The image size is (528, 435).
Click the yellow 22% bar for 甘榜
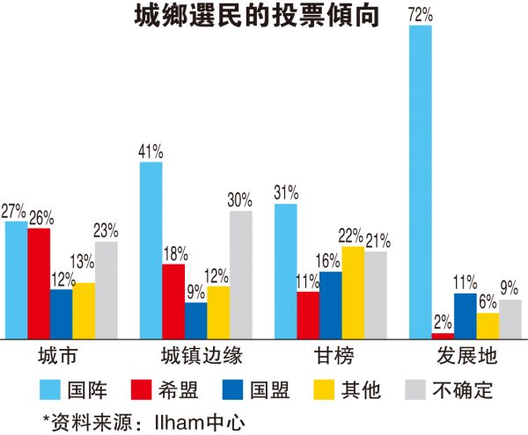click(353, 293)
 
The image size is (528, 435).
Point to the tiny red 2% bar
click(443, 336)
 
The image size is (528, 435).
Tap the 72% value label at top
click(421, 13)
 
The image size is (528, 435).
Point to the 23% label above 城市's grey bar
click(106, 232)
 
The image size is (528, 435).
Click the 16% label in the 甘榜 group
click(331, 261)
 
